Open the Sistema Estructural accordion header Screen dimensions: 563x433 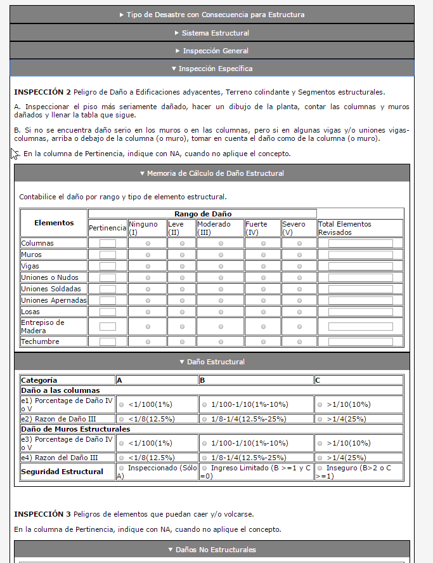212,32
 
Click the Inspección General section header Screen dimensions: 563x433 212,50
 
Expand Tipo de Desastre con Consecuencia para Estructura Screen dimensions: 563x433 212,15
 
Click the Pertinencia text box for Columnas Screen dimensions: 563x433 108,243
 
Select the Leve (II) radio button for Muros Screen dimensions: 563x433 182,255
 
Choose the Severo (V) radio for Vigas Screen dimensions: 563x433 299,266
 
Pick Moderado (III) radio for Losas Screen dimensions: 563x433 221,312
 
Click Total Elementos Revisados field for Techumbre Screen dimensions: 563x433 360,341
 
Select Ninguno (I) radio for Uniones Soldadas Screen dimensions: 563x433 148,289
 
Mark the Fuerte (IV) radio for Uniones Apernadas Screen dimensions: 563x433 264,300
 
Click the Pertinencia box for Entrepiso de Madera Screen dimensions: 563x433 108,326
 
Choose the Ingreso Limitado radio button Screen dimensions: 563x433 204,468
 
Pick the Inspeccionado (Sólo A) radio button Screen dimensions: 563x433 121,468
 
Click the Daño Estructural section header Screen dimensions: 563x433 212,362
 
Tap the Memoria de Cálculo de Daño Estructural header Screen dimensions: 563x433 212,173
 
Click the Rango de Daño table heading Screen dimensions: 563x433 202,214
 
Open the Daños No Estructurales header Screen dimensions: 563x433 212,549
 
